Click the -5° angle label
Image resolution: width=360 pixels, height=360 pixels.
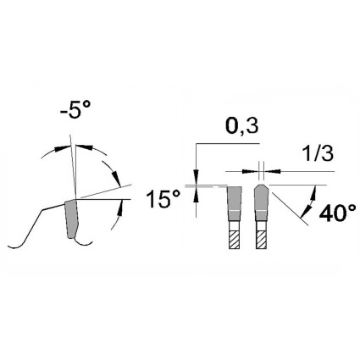pyautogui.click(x=75, y=109)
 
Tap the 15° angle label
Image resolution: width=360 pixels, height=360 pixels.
pyautogui.click(x=163, y=199)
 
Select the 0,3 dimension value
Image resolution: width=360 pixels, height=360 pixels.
pyautogui.click(x=242, y=126)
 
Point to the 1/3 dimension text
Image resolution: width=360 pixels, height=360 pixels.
pyautogui.click(x=318, y=154)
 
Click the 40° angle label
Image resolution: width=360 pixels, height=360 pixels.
pyautogui.click(x=338, y=214)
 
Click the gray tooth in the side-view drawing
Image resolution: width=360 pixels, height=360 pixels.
pyautogui.click(x=71, y=218)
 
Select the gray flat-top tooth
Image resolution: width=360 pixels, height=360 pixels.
pyautogui.click(x=234, y=203)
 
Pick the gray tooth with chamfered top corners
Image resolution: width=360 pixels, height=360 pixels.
pyautogui.click(x=261, y=202)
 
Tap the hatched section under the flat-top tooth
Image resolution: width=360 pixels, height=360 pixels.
pyautogui.click(x=234, y=240)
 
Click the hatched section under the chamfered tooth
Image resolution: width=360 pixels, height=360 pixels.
pyautogui.click(x=261, y=240)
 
